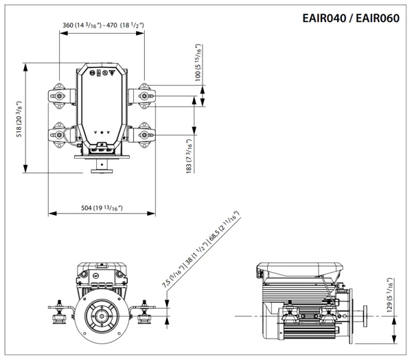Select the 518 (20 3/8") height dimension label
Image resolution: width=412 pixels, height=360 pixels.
click(x=19, y=118)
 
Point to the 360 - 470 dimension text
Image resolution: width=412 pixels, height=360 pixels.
click(x=102, y=25)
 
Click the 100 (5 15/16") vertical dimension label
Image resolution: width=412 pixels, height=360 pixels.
click(x=199, y=63)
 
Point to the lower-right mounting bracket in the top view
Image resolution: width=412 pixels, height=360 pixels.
click(x=144, y=134)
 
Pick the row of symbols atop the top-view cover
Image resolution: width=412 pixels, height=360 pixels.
click(x=102, y=72)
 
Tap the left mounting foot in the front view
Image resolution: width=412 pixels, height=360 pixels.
click(x=62, y=313)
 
